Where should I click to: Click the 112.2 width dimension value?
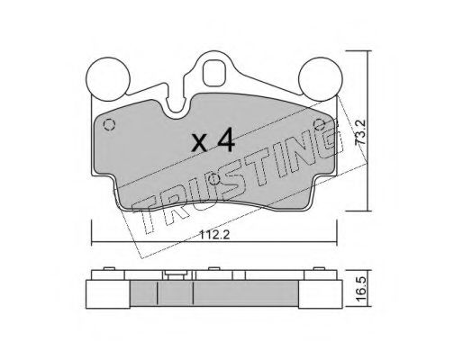click(x=214, y=235)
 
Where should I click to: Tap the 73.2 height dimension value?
click(x=359, y=132)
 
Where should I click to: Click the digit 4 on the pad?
click(x=225, y=139)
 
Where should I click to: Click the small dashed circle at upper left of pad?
click(x=109, y=124)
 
